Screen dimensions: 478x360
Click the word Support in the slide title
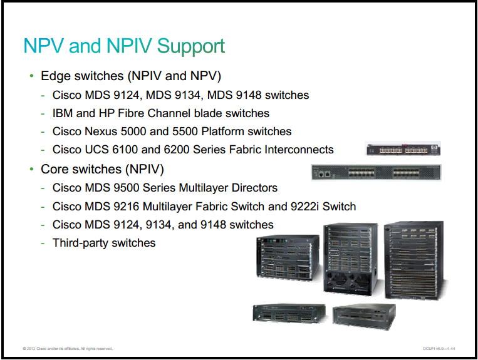[191, 46]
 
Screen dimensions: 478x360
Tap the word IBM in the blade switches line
[63, 113]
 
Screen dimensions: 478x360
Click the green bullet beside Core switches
[32, 169]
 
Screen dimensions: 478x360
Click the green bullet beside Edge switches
[32, 76]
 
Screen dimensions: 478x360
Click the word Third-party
[80, 243]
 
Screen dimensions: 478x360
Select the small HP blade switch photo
[403, 148]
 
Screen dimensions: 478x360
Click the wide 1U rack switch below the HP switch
[376, 173]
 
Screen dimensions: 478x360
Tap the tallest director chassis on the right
[415, 260]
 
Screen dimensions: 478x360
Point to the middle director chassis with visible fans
[351, 259]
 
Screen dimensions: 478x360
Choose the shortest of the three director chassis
[288, 257]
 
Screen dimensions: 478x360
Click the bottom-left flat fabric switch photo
[289, 313]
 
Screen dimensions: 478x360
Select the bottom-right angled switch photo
[364, 317]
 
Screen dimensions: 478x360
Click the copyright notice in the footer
[68, 349]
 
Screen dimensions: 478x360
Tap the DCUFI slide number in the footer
[439, 349]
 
